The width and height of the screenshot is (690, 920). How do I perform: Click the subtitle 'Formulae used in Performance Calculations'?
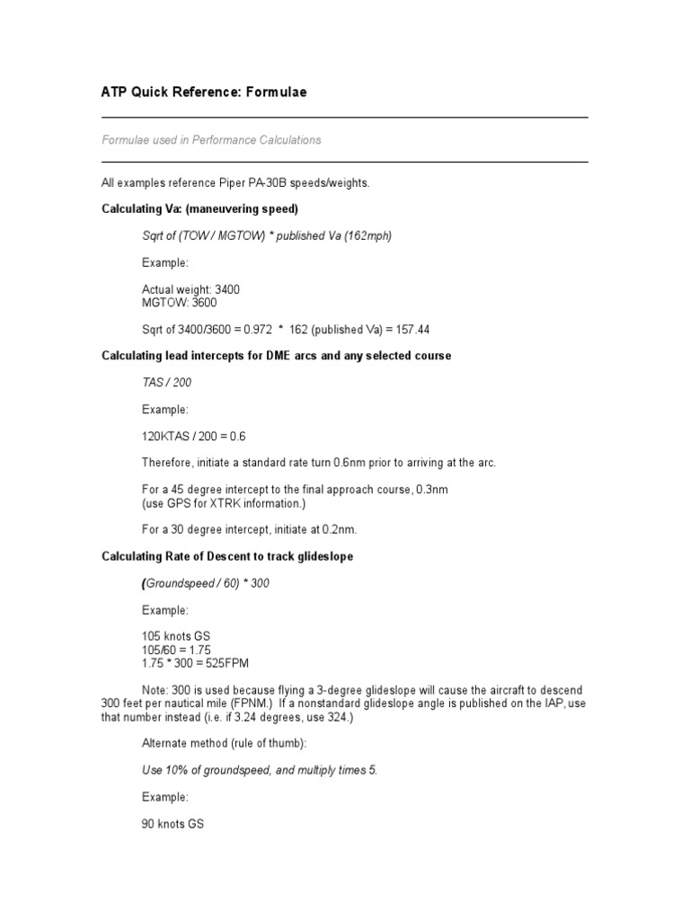211,140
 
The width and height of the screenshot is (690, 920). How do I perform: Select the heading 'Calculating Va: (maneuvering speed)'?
199,209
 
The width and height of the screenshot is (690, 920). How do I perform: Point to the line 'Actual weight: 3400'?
190,289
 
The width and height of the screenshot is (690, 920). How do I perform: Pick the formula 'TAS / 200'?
166,383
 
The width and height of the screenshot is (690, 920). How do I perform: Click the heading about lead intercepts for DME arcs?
276,356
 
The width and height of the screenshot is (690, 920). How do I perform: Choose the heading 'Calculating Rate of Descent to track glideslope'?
227,556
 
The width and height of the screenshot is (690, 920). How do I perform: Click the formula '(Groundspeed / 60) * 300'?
206,583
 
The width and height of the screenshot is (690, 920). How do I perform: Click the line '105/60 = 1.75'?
176,650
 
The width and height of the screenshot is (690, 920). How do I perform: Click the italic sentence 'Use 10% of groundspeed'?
260,770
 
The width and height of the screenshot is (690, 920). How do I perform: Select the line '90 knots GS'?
172,823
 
